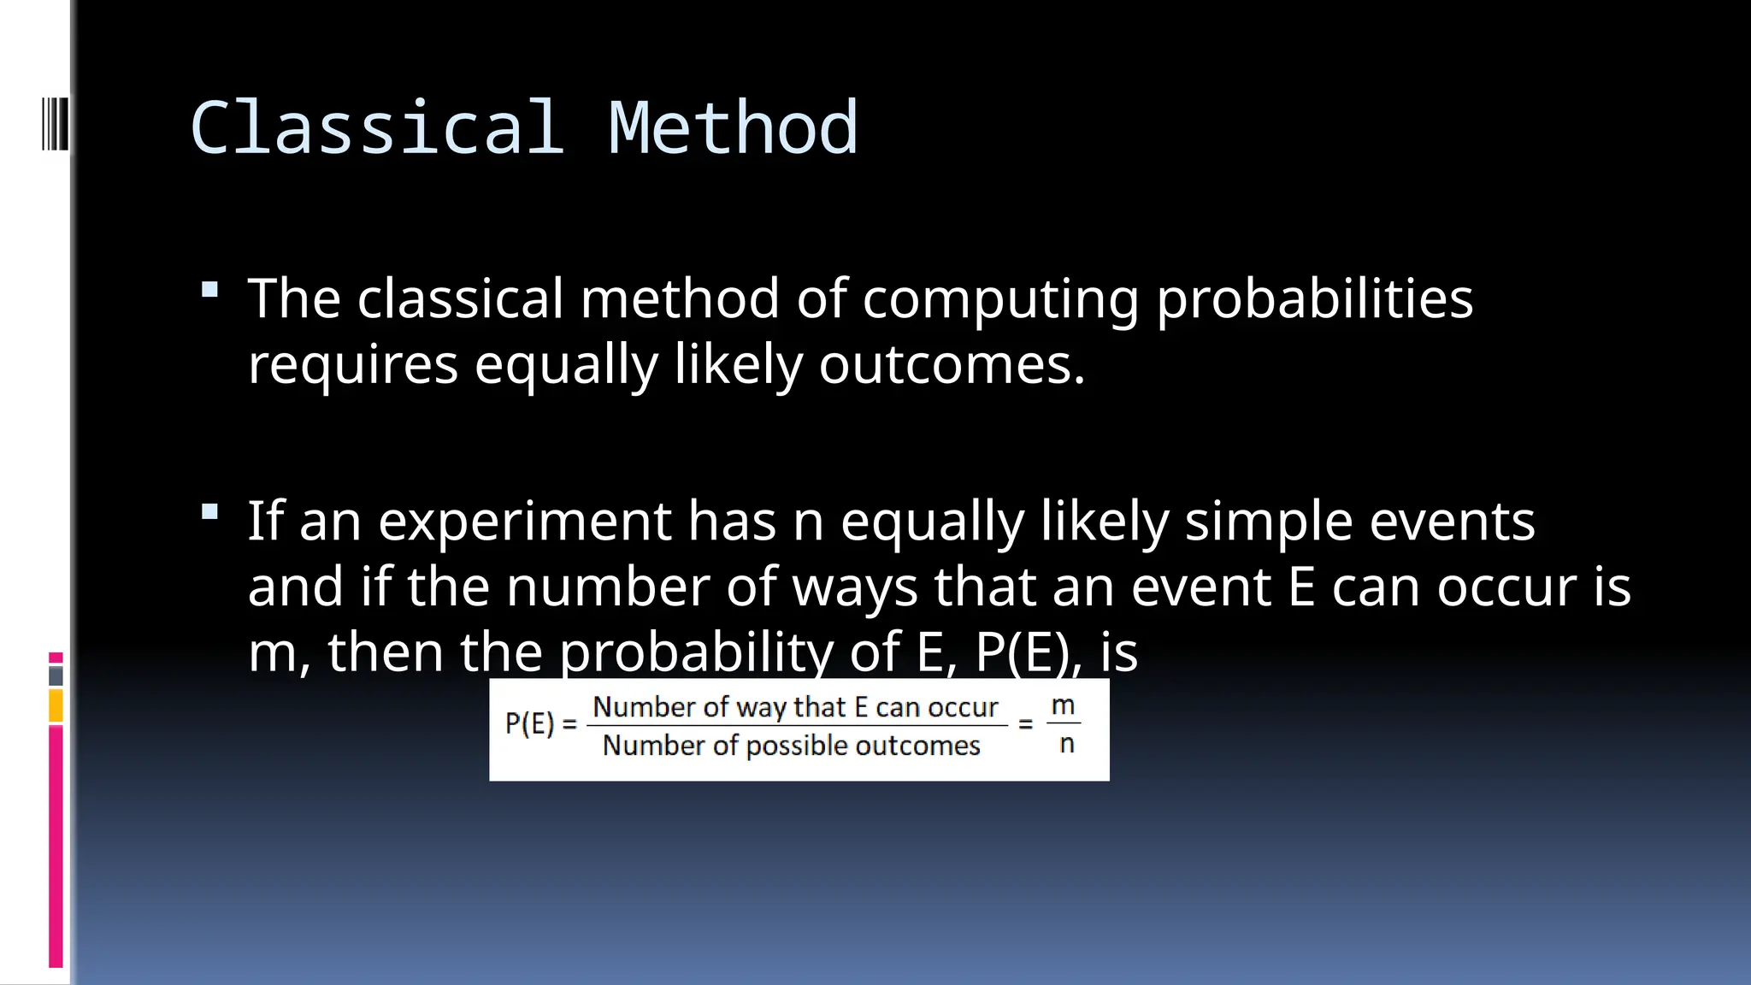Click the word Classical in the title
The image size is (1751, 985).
point(377,128)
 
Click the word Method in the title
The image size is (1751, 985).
point(733,128)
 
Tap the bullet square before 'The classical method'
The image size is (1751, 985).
point(209,290)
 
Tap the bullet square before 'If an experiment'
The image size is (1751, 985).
point(209,512)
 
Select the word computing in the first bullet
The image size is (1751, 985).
point(1000,301)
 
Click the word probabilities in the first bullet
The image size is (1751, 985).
point(1314,299)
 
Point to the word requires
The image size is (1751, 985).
point(352,366)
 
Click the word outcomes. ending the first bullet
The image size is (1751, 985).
point(952,365)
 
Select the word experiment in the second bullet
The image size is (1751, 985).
point(524,522)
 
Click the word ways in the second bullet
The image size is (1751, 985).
point(854,588)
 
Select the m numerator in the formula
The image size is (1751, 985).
point(1063,706)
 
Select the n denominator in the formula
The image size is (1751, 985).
point(1066,744)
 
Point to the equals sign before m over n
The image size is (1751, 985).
point(1026,724)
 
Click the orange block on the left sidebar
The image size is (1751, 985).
point(56,706)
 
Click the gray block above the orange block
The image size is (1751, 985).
point(56,676)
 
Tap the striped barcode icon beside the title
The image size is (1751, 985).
point(55,125)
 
